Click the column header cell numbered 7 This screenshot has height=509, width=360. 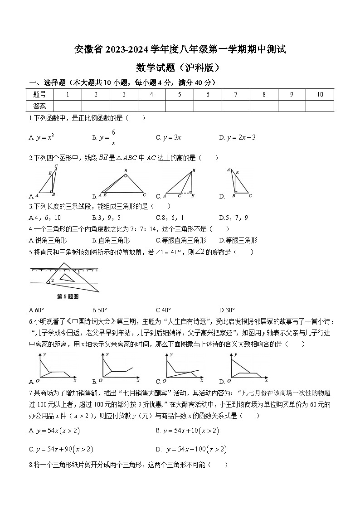coord(236,94)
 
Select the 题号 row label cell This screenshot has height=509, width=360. coord(40,94)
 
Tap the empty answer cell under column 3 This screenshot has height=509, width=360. coord(124,106)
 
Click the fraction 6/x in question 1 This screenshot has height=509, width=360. coord(113,137)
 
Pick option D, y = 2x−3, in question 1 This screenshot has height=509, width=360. coord(241,137)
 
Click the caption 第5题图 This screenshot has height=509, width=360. coord(68,297)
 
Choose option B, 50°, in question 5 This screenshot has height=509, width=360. coord(99,310)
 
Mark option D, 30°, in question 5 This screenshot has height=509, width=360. coord(227,310)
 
